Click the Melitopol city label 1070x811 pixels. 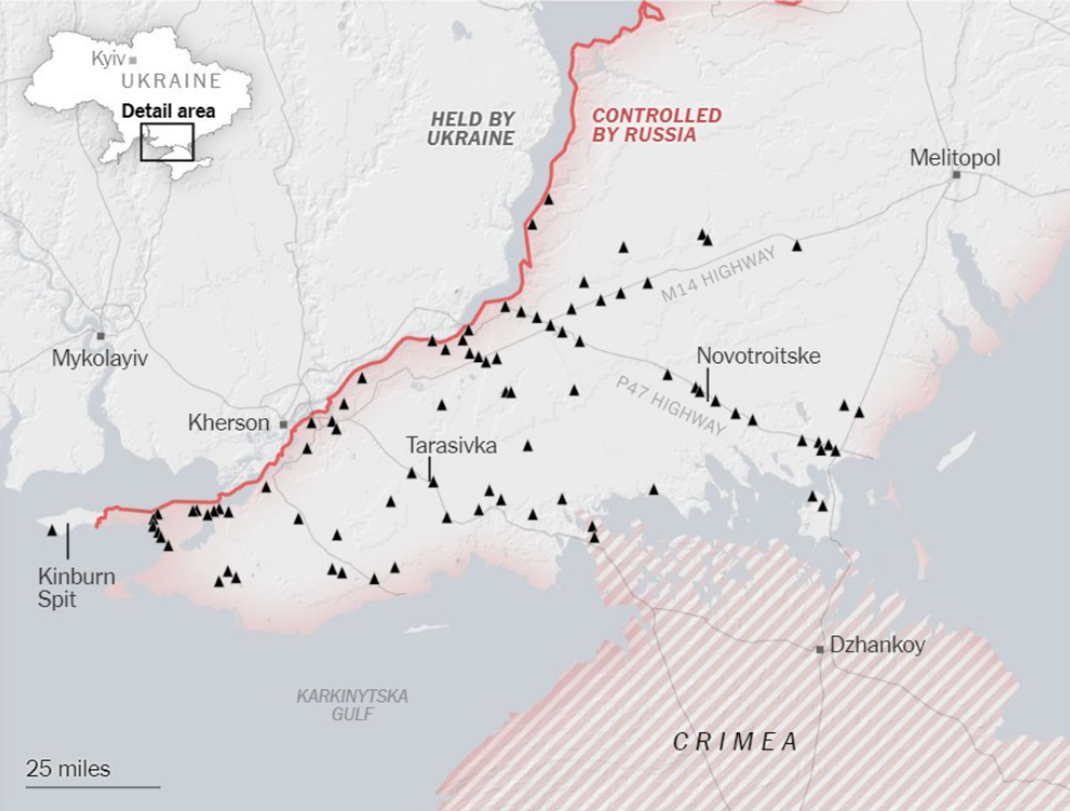tap(954, 158)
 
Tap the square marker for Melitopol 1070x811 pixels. tap(956, 175)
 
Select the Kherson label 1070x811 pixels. tap(229, 423)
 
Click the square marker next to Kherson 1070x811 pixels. tap(284, 424)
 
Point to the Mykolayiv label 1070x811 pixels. tap(99, 358)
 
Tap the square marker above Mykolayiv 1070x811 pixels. tap(101, 335)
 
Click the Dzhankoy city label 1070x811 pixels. tap(877, 645)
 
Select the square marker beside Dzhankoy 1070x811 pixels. tap(820, 649)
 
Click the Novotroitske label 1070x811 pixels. tap(758, 356)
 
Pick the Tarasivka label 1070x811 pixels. tap(451, 445)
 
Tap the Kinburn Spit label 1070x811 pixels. tap(76, 587)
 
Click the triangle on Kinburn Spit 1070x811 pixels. tap(52, 530)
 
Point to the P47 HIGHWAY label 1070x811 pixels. tap(670, 406)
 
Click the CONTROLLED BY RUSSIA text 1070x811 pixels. tap(656, 125)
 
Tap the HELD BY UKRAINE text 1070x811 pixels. tap(471, 128)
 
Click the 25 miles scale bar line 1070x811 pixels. tap(93, 787)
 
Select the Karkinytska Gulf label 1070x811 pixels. tap(352, 705)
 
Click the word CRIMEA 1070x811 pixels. tap(735, 741)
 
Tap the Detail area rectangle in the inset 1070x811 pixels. tap(167, 142)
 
